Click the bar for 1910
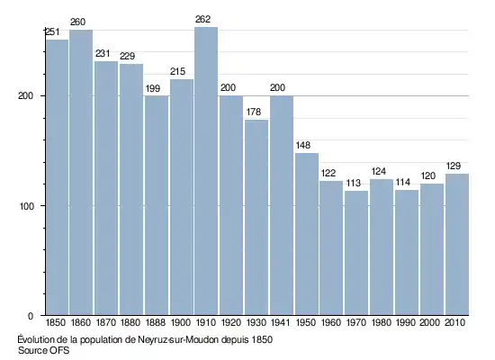[206, 171]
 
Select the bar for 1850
[57, 177]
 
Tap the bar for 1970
[356, 253]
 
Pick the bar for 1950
[307, 234]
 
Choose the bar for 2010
[457, 245]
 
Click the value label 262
[202, 19]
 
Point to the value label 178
[254, 112]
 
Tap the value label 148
[303, 145]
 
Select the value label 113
[354, 183]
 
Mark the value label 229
[127, 56]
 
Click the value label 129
[454, 166]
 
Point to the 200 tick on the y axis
[25, 95]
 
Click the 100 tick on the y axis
[26, 206]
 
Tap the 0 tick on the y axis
[31, 316]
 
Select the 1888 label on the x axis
[156, 322]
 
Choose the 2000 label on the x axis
[430, 322]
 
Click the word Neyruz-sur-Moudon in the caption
[178, 340]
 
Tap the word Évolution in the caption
[36, 339]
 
